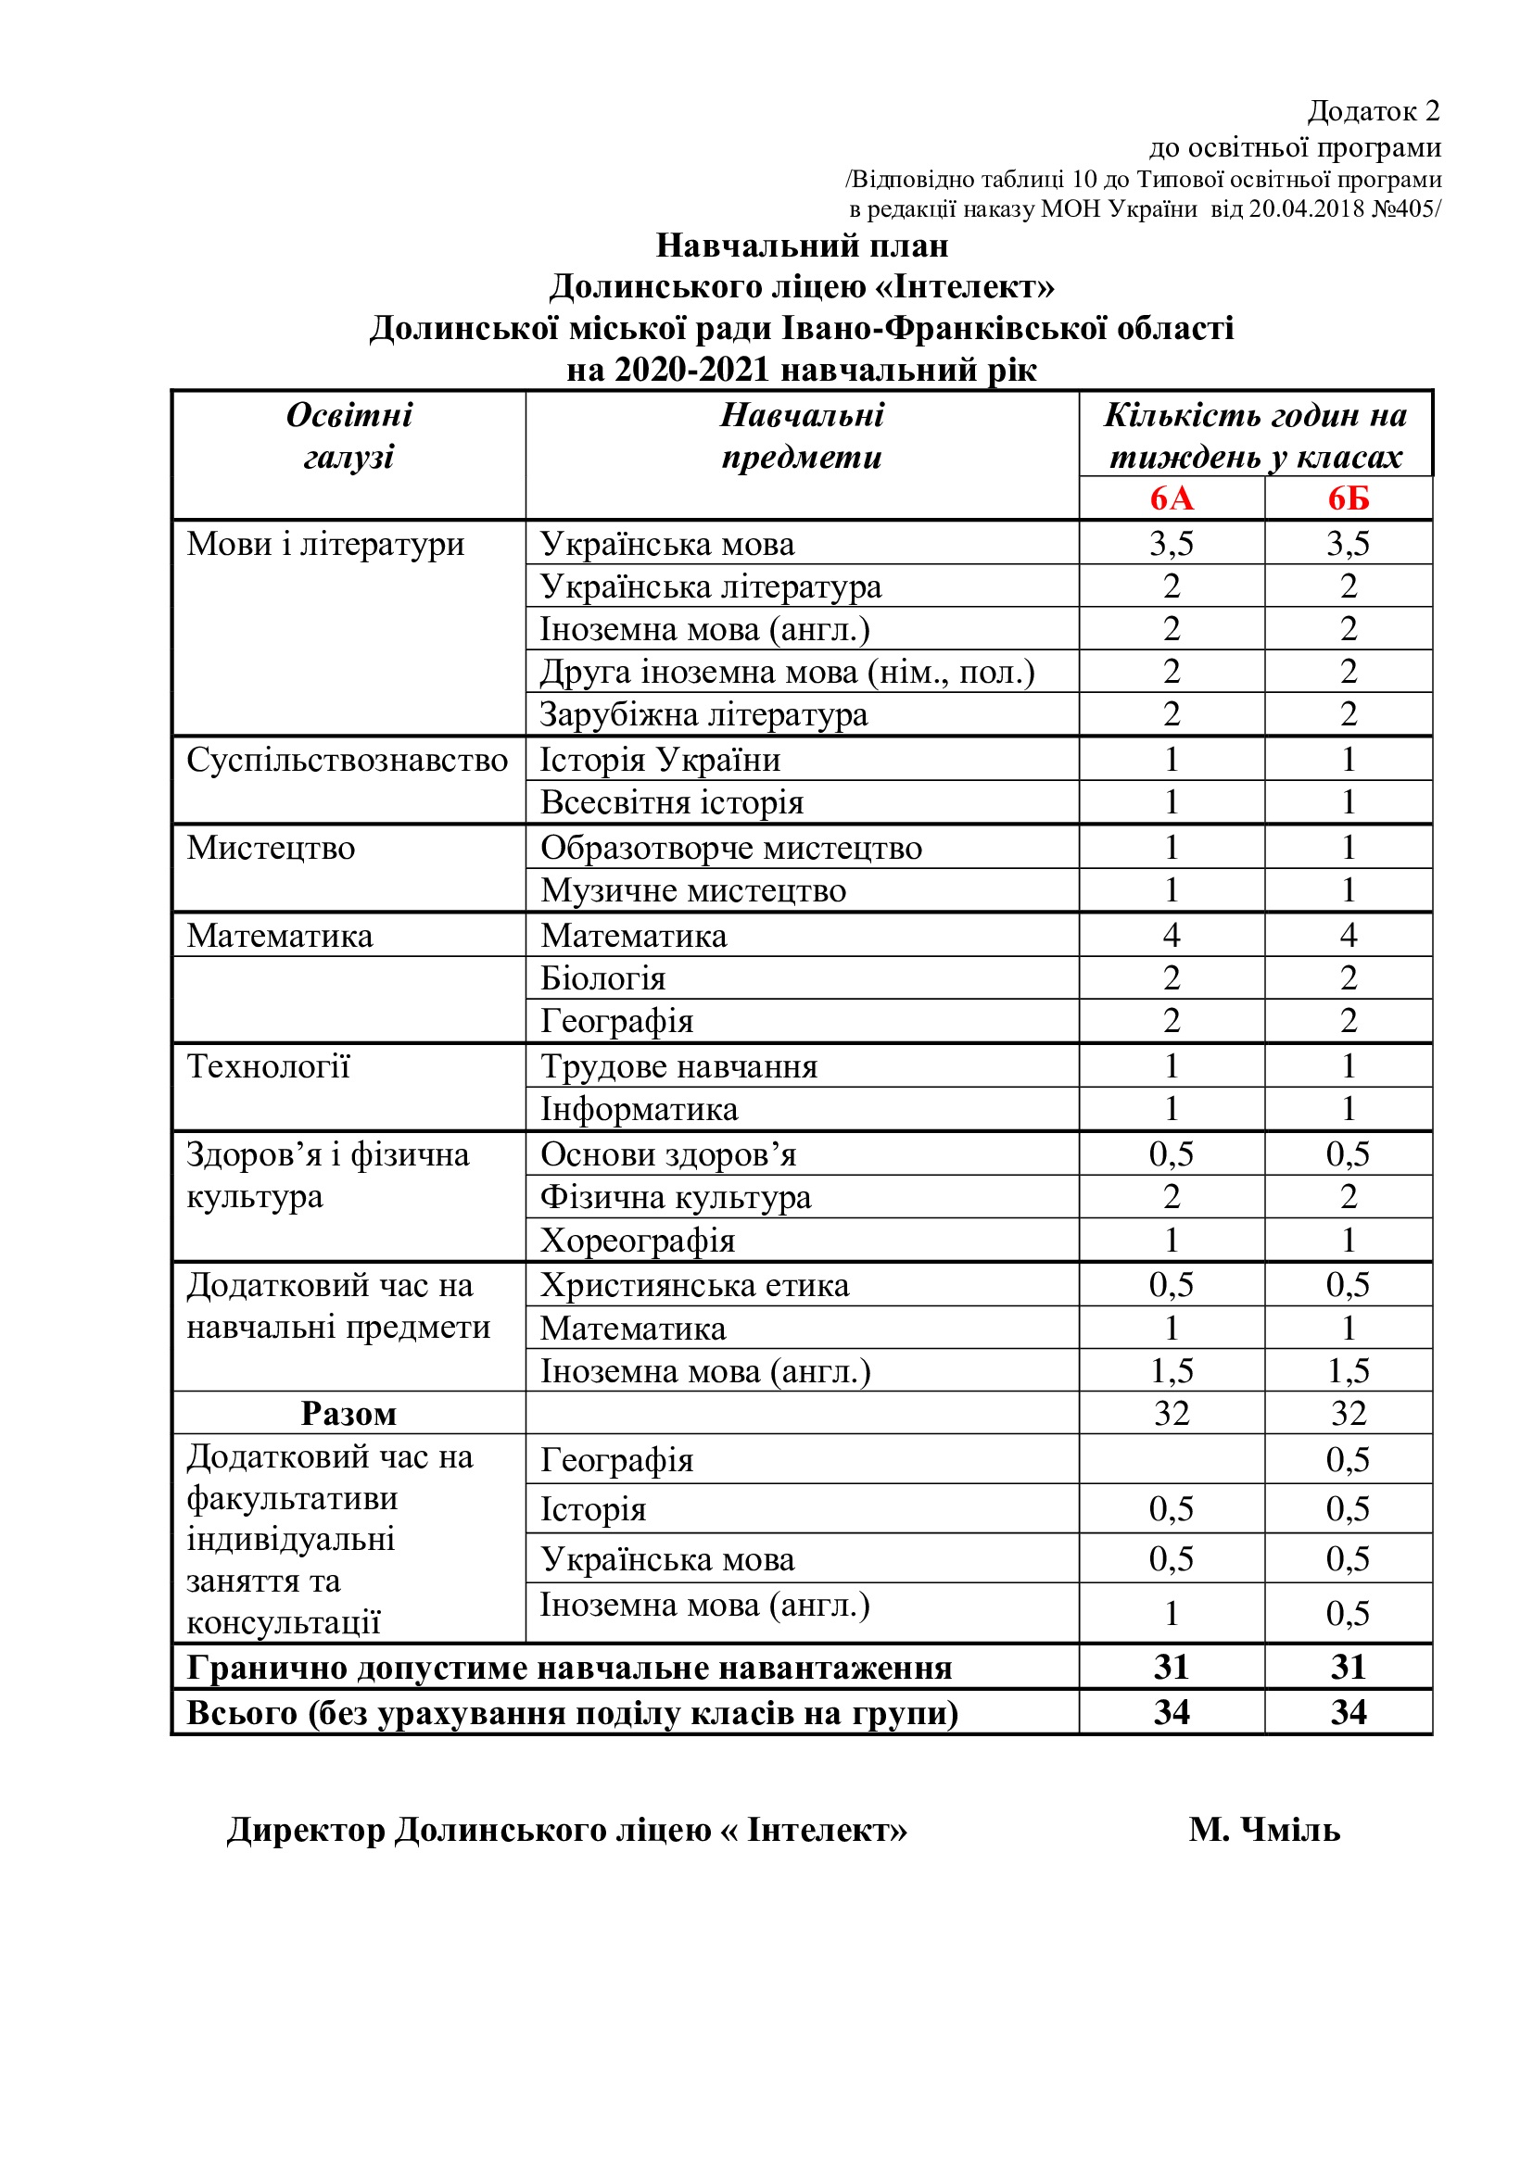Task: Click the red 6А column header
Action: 1171,498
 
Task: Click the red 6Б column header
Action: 1348,498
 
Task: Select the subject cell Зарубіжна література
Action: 703,714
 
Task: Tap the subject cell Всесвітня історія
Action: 671,802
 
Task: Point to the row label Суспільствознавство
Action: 347,760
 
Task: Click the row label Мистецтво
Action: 271,848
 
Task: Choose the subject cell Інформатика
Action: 640,1109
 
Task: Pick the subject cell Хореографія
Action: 637,1241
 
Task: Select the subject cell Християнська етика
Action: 695,1286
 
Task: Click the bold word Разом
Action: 348,1414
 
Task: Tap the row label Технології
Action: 268,1066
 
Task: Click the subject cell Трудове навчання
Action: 678,1066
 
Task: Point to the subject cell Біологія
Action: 602,978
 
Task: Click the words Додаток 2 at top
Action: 1374,111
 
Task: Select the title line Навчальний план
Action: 802,246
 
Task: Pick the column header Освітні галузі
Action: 349,436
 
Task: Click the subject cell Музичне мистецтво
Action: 693,890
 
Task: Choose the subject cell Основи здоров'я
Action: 668,1154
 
